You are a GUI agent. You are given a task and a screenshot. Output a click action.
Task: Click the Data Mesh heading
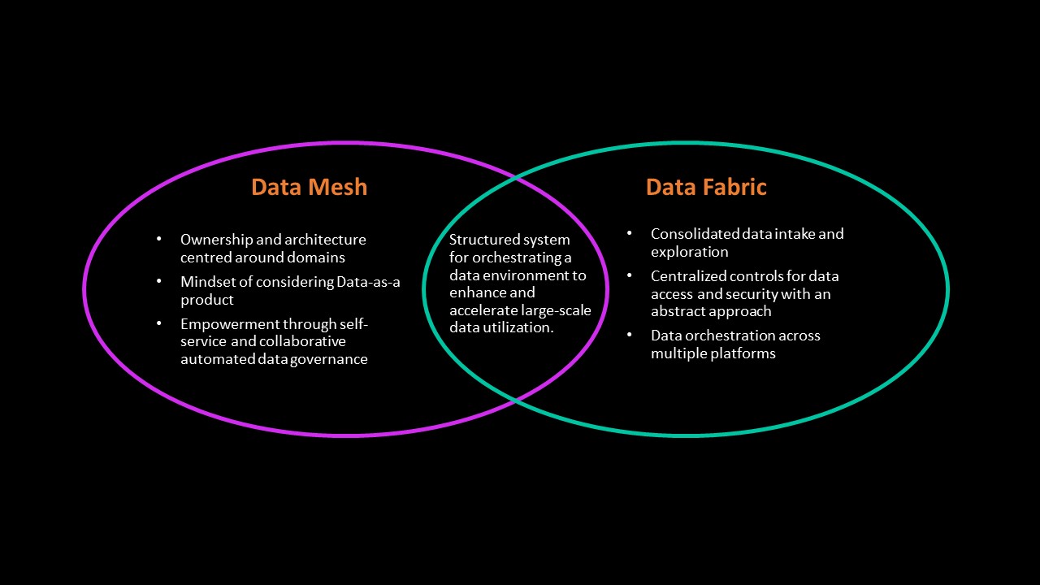[309, 187]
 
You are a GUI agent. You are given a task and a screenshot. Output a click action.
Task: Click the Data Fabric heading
[706, 187]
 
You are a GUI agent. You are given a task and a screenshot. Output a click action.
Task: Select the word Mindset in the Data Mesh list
[206, 282]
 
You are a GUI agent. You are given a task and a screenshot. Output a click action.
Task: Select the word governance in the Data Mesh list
[330, 359]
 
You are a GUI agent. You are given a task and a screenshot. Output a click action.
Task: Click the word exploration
[689, 252]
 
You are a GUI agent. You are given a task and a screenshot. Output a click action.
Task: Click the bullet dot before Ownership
[159, 240]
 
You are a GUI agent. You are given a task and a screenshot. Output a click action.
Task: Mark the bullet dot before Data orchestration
[630, 336]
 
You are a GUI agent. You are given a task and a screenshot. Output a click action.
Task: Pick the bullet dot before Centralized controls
[630, 276]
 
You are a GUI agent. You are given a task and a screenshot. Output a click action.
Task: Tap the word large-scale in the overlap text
[556, 310]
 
